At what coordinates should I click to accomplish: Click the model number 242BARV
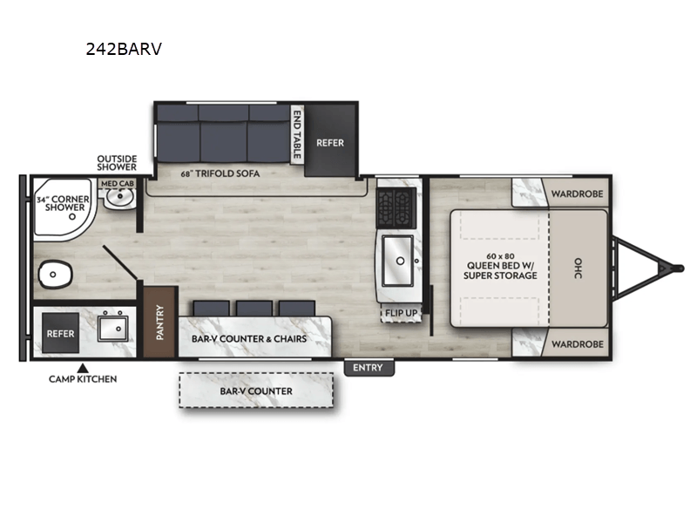pos(123,49)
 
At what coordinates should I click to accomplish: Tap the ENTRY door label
pos(368,368)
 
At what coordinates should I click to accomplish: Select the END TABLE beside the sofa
pos(297,132)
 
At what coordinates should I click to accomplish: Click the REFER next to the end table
pos(330,142)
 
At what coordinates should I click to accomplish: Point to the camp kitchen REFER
pos(61,333)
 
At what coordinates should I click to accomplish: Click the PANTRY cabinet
pos(159,321)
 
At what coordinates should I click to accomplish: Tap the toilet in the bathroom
pos(54,276)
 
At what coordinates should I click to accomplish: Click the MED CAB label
pos(117,184)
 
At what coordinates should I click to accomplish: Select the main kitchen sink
pos(401,258)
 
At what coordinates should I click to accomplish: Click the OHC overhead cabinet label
pos(577,268)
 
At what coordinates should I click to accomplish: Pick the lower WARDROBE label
pos(578,343)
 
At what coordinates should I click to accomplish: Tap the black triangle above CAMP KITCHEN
pos(83,367)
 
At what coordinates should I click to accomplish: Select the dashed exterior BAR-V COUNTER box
pos(256,391)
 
